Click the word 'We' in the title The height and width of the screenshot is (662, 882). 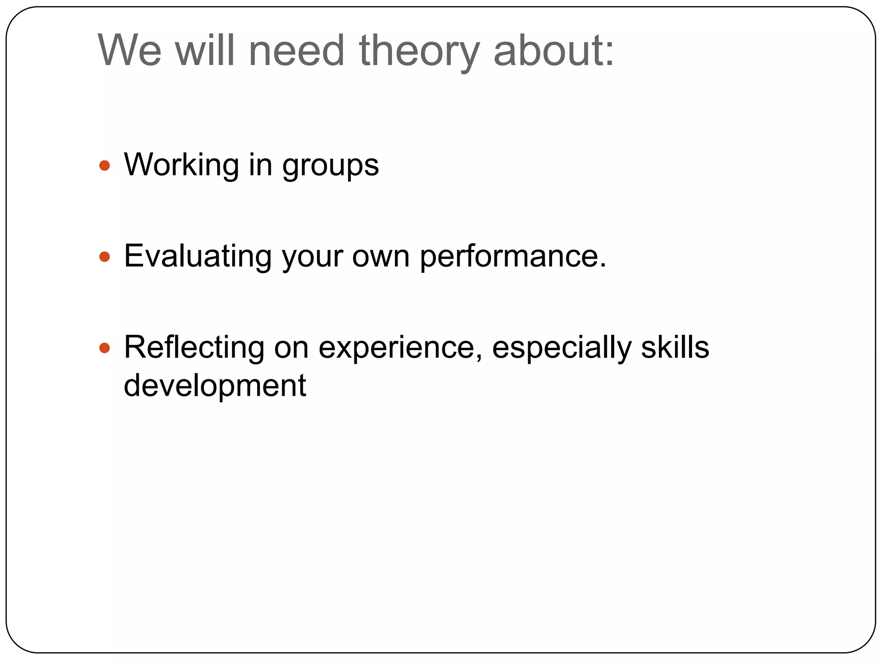pyautogui.click(x=130, y=50)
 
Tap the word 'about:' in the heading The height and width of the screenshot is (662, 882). pyautogui.click(x=554, y=50)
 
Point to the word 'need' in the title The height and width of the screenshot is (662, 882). pyautogui.click(x=297, y=50)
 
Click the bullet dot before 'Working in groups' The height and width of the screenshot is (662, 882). pyautogui.click(x=105, y=165)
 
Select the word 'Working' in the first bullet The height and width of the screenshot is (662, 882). pyautogui.click(x=181, y=165)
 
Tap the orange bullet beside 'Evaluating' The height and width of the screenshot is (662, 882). pyautogui.click(x=105, y=257)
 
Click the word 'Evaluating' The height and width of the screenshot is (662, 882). pyautogui.click(x=198, y=257)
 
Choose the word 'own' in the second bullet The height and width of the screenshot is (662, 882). pyautogui.click(x=381, y=256)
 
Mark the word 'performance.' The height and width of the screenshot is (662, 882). pyautogui.click(x=513, y=257)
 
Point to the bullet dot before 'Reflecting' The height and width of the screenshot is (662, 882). pyautogui.click(x=105, y=348)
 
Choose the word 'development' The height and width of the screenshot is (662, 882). pyautogui.click(x=215, y=386)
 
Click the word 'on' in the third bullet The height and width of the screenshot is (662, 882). pyautogui.click(x=291, y=348)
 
